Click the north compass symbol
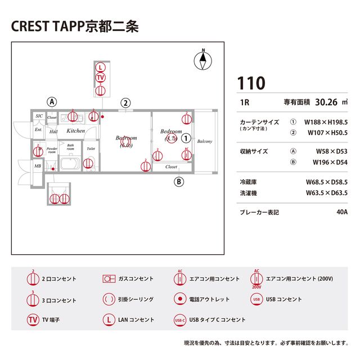point(204,60)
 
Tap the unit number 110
point(250,83)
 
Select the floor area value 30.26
point(326,102)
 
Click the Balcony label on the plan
point(205,141)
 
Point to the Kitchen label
point(76,130)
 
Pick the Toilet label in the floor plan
point(91,149)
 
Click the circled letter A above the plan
point(52,102)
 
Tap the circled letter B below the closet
point(179,181)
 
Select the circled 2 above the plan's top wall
point(126,102)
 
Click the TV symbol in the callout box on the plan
point(100,78)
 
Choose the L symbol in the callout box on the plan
point(100,67)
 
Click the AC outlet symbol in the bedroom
point(187,152)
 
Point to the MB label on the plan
point(37,166)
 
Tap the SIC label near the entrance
point(39,116)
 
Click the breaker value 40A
point(341,213)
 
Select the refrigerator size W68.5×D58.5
point(326,182)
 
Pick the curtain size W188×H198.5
point(326,121)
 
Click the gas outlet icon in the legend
point(109,278)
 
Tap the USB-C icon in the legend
point(180,319)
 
